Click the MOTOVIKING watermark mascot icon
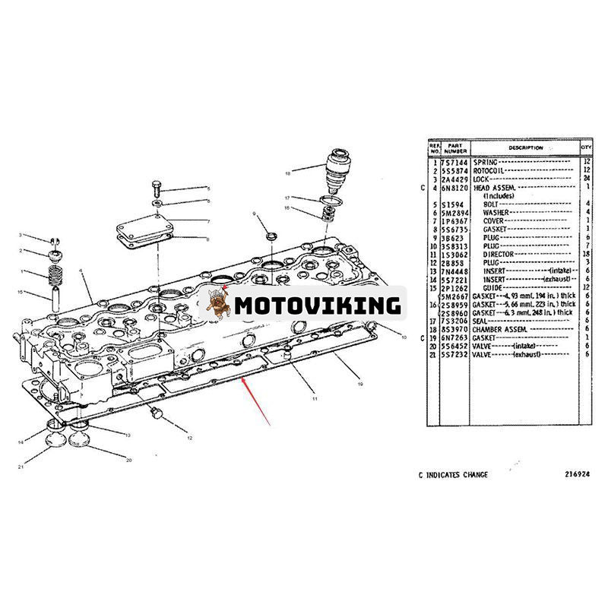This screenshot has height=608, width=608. pos(220,304)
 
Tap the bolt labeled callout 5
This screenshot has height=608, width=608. pos(156,186)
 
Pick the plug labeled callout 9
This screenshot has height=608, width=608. pos(270,232)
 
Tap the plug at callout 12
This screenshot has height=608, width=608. pos(157,414)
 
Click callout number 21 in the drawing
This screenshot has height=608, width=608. pos(22,466)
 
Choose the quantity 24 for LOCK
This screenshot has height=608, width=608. pos(586,179)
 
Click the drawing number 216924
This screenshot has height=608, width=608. pos(577,475)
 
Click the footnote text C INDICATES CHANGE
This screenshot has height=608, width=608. pos(453,475)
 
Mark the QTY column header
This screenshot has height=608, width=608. pos(586,148)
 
